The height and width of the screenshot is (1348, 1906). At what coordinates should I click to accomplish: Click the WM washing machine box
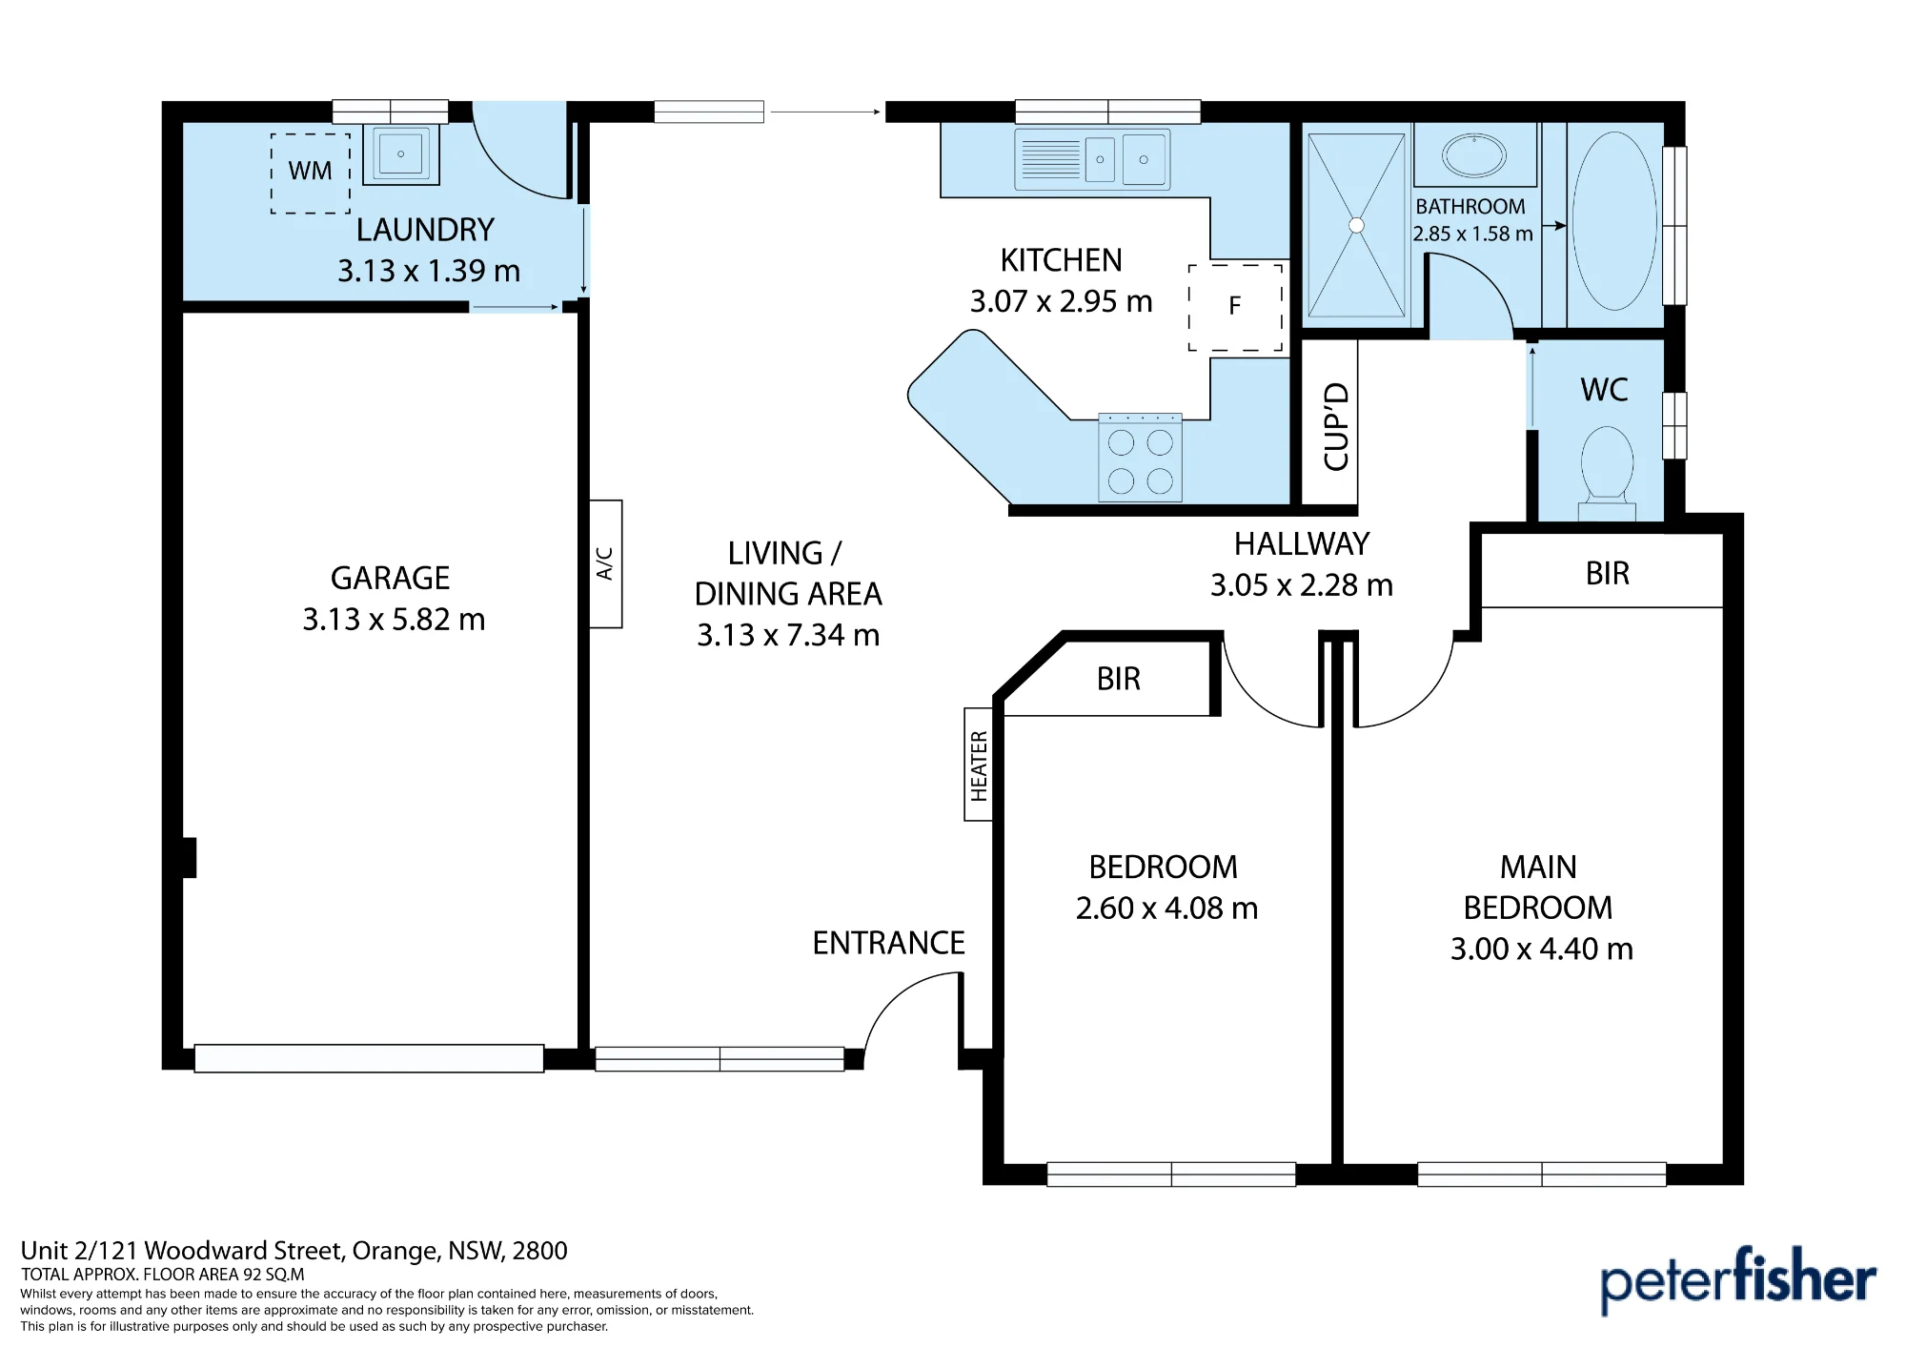click(311, 173)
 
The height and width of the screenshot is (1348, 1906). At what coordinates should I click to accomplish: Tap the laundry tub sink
click(401, 153)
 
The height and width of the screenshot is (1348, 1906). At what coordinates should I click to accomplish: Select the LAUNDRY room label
click(425, 230)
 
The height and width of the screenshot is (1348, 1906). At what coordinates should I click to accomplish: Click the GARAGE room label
click(390, 578)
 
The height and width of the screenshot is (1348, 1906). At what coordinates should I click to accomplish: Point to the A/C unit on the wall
click(605, 563)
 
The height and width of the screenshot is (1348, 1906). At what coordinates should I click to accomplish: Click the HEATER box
click(979, 765)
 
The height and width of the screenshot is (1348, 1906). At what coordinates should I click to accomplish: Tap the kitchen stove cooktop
click(1140, 459)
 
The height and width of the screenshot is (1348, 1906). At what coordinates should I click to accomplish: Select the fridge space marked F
click(1235, 307)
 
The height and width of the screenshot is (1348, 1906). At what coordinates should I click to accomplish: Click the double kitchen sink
click(1092, 159)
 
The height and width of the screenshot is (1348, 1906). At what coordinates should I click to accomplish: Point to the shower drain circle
click(1356, 226)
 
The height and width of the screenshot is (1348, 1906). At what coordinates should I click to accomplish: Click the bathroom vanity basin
click(1474, 155)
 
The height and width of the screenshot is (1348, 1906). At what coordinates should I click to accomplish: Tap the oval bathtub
click(1614, 221)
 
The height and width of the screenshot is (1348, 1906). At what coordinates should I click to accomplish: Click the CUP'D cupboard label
click(1336, 426)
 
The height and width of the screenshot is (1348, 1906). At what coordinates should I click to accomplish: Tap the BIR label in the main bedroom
click(1608, 573)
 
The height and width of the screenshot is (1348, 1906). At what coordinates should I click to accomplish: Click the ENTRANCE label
click(888, 943)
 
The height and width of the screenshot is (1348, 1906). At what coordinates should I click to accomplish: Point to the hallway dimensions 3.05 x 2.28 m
click(1302, 585)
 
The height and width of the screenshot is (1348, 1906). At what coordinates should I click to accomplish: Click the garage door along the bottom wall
click(369, 1058)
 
